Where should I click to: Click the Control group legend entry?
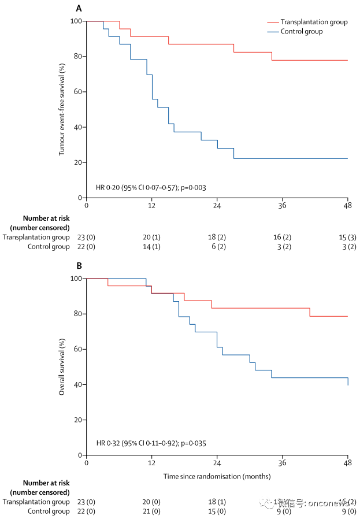301,31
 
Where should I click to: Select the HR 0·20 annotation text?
151,187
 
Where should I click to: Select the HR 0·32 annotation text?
151,444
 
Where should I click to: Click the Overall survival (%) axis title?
61,367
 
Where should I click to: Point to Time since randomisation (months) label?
217,477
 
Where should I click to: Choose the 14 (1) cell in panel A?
151,247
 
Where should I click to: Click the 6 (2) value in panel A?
217,247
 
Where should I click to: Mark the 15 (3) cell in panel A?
347,237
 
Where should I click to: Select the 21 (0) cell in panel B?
151,511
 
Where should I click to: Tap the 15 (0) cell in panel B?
217,511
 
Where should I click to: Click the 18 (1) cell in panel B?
217,502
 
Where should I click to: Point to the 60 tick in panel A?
76,92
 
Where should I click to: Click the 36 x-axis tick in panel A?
282,205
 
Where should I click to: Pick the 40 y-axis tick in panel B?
76,385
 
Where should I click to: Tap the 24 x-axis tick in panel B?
217,463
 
